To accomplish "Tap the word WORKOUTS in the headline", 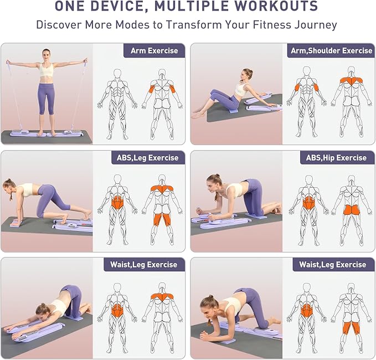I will (x=275, y=7).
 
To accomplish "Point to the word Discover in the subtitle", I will (x=58, y=25).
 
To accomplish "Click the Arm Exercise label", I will (x=154, y=50).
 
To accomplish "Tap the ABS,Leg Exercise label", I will (x=147, y=158).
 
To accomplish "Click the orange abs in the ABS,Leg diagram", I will (x=117, y=202).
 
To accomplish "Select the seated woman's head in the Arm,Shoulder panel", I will (x=247, y=74).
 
